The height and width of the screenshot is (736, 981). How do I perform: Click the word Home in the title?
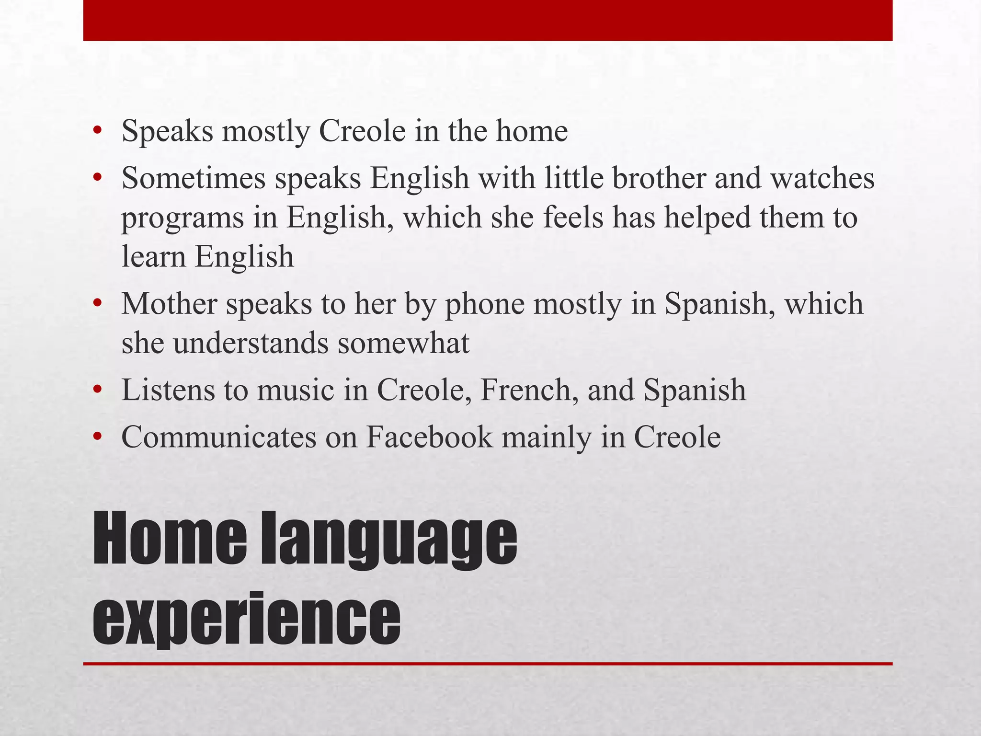click(x=170, y=539)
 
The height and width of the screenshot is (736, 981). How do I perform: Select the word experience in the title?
click(x=246, y=618)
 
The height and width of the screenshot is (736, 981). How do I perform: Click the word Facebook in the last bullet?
click(x=429, y=437)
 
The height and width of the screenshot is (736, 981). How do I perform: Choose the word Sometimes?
click(x=194, y=178)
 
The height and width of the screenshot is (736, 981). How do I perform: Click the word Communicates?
click(x=219, y=437)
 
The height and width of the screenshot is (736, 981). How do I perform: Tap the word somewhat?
click(x=403, y=343)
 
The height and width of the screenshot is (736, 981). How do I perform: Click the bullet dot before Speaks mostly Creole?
click(x=98, y=130)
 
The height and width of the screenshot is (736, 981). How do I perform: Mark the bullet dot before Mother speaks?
click(x=98, y=304)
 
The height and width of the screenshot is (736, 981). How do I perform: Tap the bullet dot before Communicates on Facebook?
click(x=98, y=437)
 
